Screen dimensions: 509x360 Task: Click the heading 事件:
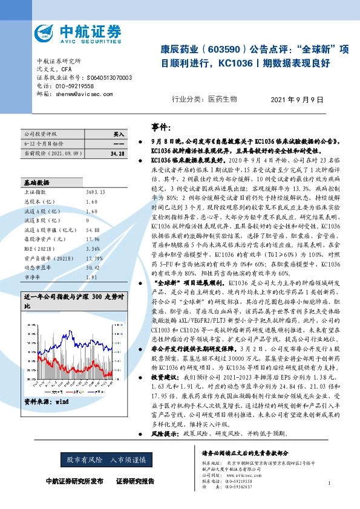click(162, 127)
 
